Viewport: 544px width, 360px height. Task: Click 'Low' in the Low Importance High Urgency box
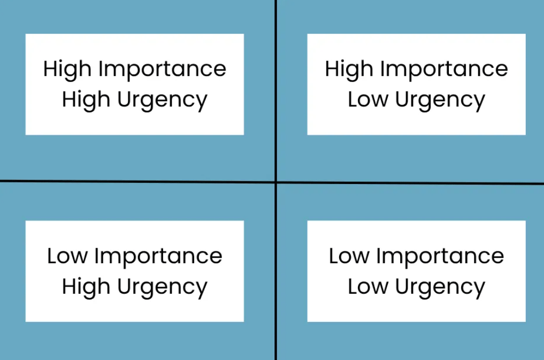click(67, 256)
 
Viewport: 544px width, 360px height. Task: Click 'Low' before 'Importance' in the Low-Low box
click(349, 256)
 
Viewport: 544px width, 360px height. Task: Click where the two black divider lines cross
click(276, 182)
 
